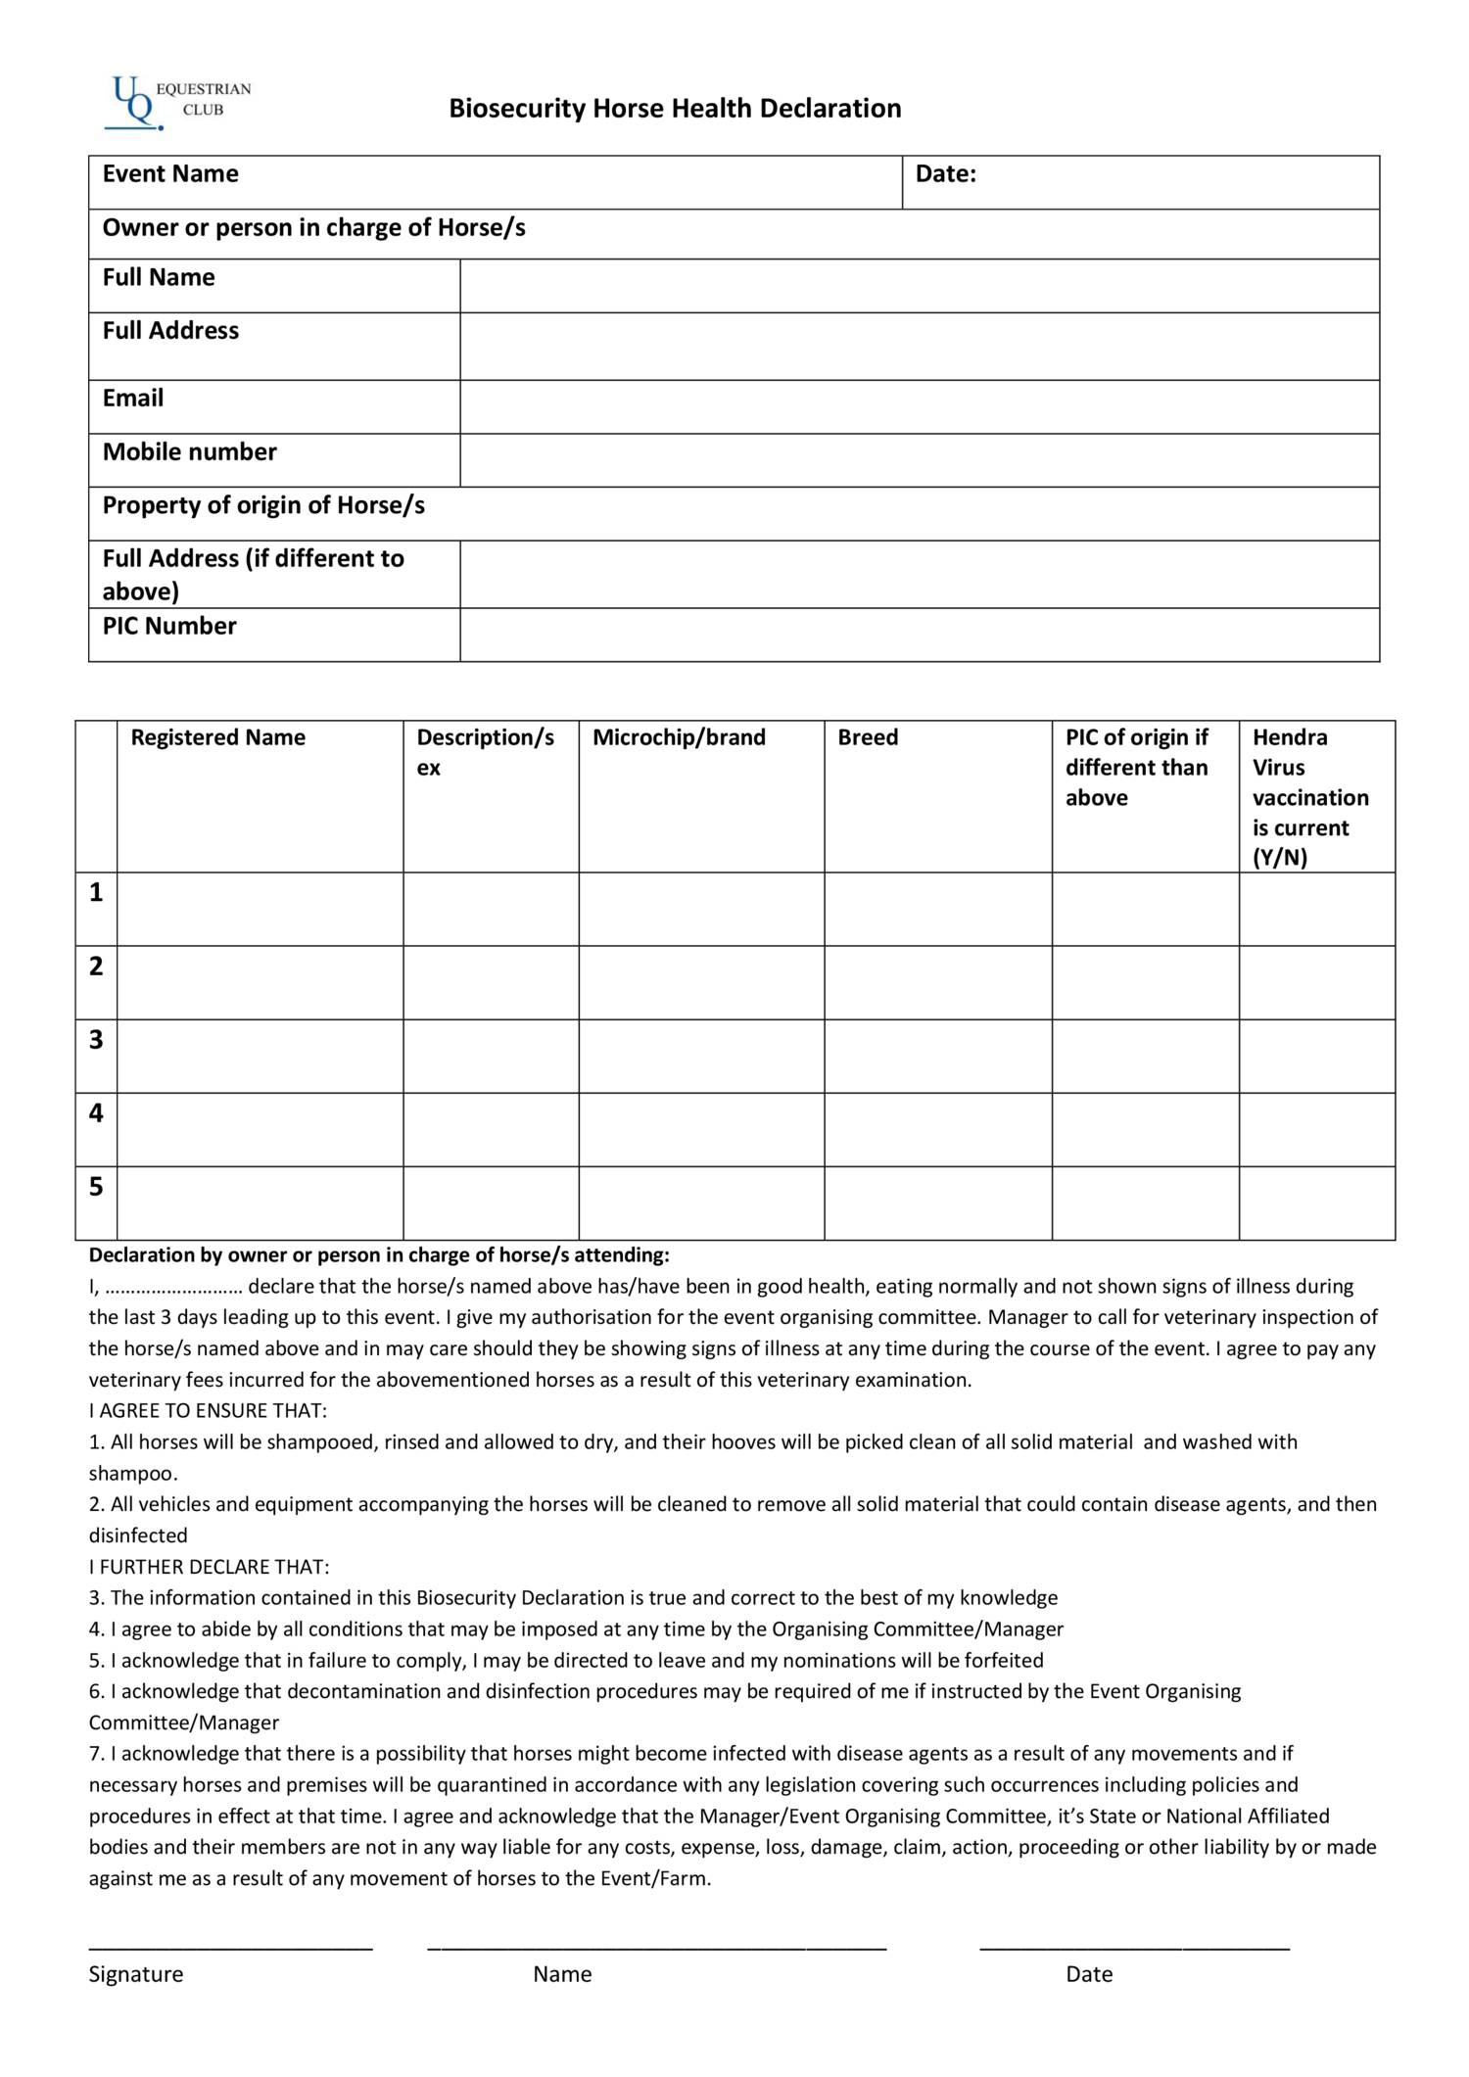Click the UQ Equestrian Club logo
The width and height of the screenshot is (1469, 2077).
point(176,103)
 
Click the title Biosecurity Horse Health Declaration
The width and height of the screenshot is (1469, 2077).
point(675,108)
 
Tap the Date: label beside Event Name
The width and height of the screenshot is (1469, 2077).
point(945,174)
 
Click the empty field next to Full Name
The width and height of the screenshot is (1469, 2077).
point(919,286)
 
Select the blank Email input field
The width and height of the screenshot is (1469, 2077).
point(919,406)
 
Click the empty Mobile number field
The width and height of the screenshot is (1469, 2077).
point(919,460)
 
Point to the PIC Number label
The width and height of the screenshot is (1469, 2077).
point(169,626)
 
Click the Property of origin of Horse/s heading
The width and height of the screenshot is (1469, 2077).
point(263,505)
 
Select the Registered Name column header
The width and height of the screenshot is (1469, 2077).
point(217,737)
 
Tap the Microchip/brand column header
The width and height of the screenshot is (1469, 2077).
point(679,737)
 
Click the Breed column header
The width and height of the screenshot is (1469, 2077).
point(868,737)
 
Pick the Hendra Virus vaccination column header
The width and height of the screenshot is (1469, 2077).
point(1309,796)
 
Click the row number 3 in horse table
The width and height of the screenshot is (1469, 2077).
point(96,1040)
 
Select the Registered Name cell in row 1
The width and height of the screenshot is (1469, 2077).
point(260,909)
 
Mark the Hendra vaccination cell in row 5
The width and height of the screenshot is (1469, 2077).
point(1316,1203)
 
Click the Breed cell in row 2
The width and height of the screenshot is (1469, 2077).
point(937,982)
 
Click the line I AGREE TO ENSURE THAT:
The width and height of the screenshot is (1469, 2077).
point(208,1410)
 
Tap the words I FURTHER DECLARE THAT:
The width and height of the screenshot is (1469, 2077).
point(209,1566)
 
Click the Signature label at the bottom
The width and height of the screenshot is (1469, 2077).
point(135,1973)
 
